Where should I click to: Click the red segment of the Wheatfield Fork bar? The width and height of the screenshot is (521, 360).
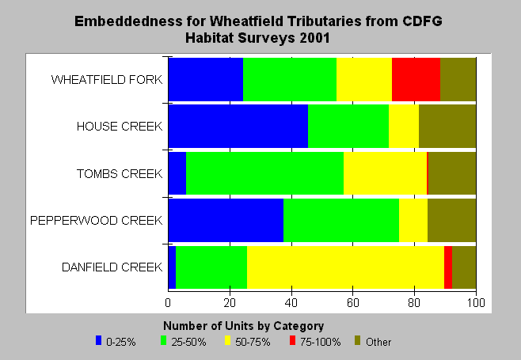(x=416, y=79)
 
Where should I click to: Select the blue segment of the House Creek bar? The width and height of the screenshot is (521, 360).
(x=238, y=127)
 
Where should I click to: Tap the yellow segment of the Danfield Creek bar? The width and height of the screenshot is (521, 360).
(x=345, y=267)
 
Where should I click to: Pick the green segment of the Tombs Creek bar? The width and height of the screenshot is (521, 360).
(x=264, y=173)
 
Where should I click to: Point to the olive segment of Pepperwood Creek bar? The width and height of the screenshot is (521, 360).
(x=452, y=220)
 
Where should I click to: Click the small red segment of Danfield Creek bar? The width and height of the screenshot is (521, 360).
(x=448, y=267)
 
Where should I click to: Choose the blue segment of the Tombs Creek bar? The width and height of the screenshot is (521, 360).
(x=177, y=173)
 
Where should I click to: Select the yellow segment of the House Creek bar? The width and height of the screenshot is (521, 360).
(x=404, y=127)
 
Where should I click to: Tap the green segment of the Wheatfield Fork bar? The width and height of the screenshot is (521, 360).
(x=290, y=79)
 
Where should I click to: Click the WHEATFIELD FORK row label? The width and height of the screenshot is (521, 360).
(x=107, y=80)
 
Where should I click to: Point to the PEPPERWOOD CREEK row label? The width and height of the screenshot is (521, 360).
(x=97, y=221)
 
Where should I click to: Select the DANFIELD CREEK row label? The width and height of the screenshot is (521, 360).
(x=112, y=267)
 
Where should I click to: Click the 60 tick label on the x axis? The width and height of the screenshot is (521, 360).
(x=353, y=302)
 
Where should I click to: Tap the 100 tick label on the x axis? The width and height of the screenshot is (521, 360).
(x=476, y=302)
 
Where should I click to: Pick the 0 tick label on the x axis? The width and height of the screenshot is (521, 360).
(x=168, y=302)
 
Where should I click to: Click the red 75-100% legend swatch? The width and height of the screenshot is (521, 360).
(x=292, y=340)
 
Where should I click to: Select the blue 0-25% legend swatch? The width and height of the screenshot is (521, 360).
(x=98, y=340)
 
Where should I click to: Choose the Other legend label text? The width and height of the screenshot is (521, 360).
(x=378, y=342)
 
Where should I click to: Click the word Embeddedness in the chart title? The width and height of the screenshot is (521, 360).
(x=128, y=21)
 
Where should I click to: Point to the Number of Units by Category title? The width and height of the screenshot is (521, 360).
(x=244, y=326)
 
